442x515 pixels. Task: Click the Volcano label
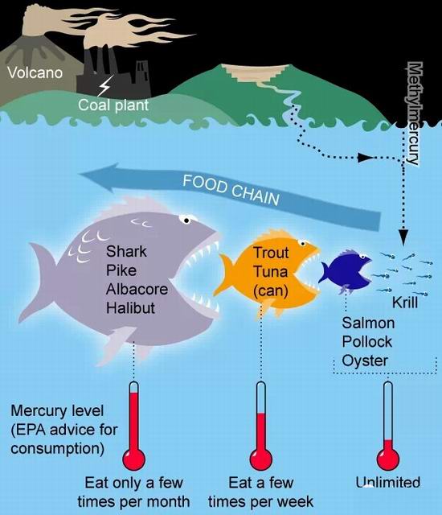pos(35,72)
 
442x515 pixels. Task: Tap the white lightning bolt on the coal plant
pos(105,85)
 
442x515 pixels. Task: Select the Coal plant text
pos(113,105)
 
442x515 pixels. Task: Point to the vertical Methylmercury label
pos(414,113)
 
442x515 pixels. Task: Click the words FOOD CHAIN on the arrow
pos(231,190)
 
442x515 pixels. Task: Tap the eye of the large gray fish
pos(186,220)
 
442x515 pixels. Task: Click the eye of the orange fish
pos(303,244)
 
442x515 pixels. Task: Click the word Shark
pos(126,252)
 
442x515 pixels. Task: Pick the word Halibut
pos(130,308)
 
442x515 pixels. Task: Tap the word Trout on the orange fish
pos(271,253)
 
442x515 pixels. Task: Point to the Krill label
pos(405,303)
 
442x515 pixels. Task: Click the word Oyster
pos(365,361)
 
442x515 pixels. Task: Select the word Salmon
pos(368,323)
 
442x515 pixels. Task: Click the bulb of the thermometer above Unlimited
pos(388,459)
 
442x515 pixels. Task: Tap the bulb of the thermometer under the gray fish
pos(133,459)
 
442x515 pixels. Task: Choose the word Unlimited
pos(388,483)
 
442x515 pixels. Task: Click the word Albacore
pos(137,290)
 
